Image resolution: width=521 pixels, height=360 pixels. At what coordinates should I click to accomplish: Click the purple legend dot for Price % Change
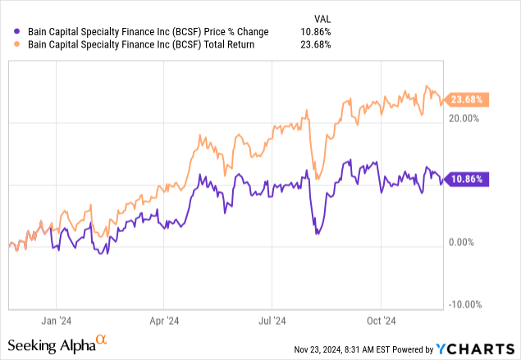9,32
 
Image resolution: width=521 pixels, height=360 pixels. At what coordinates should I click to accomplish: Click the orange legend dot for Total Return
9,45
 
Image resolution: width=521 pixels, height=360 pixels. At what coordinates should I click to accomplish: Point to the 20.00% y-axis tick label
463,118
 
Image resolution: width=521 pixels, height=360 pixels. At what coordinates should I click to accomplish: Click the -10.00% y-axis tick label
463,304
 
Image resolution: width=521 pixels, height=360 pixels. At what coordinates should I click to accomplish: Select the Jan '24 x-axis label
56,322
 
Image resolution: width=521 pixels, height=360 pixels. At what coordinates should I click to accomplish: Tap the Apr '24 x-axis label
165,322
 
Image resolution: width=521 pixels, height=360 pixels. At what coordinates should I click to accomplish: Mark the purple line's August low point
318,234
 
